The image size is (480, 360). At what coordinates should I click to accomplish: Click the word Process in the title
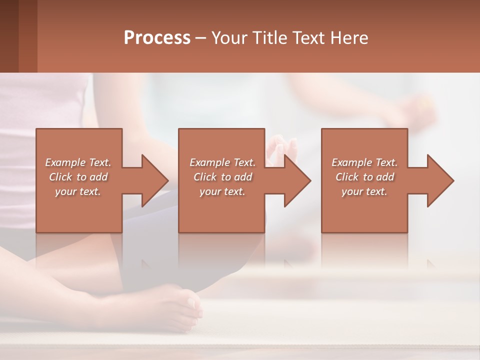pos(157,38)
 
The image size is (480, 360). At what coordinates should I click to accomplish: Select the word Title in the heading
pos(275,38)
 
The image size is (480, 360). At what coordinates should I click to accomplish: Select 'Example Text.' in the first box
pos(78,162)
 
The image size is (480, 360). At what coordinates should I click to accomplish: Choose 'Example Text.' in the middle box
pos(222,162)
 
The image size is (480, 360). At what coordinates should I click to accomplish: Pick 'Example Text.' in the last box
pos(364,162)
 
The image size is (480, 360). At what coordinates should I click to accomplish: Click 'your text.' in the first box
pos(78,191)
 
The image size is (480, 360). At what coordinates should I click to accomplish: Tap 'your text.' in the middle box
pos(222,191)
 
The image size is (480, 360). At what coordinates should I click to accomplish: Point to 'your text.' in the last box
pos(364,191)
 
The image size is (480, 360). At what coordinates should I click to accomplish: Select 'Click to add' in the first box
pos(78,177)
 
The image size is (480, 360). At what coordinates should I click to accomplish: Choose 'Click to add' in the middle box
pos(222,177)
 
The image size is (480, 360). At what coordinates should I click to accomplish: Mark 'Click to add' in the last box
pos(364,177)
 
